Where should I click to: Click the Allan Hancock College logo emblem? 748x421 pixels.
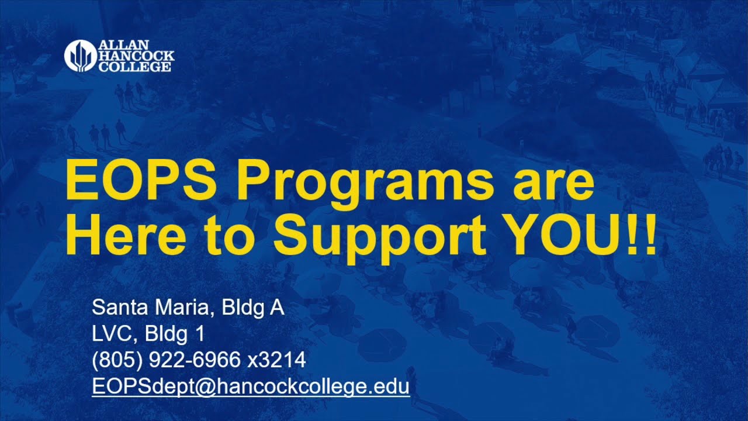79,56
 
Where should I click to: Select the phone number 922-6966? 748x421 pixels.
195,360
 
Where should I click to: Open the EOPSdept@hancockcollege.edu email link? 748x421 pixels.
251,387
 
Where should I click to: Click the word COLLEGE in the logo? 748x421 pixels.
135,67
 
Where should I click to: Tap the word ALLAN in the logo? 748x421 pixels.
124,46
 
